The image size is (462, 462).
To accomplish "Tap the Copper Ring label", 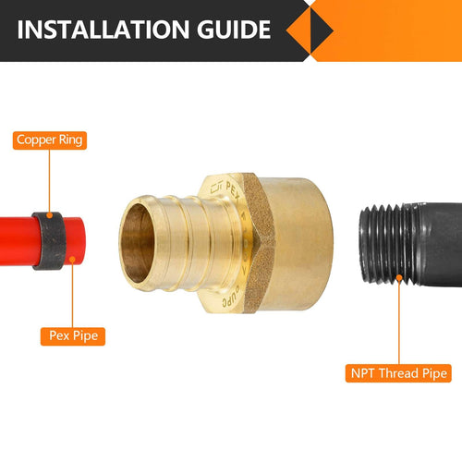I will click(51, 141).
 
